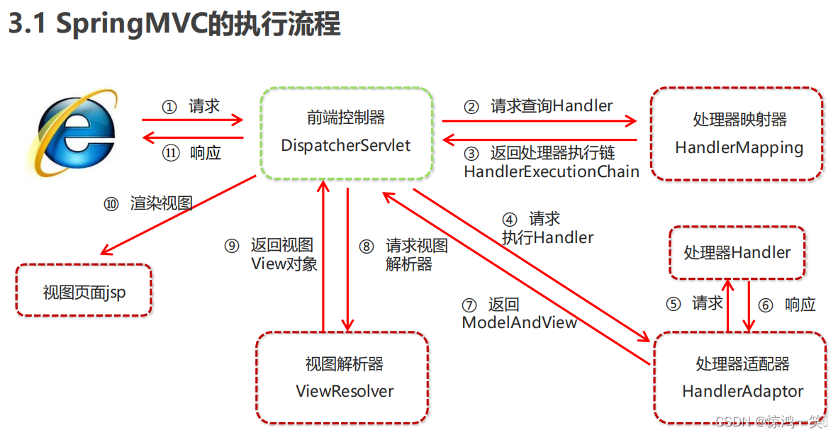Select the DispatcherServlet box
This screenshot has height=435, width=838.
(x=346, y=132)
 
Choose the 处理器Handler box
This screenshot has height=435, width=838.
(x=737, y=253)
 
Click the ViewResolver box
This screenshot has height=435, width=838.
(x=344, y=378)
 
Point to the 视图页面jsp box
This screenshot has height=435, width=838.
(x=84, y=291)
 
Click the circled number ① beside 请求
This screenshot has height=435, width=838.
(x=169, y=107)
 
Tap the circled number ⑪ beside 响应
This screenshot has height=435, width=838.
(x=171, y=153)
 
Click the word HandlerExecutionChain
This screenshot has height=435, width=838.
(x=552, y=171)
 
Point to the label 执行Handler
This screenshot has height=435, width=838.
(x=547, y=237)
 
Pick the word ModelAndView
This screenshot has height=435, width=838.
(x=520, y=322)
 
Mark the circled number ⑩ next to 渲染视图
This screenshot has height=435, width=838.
(x=111, y=204)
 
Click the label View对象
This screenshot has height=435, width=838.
(x=284, y=264)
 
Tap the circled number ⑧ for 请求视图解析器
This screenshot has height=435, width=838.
(x=366, y=247)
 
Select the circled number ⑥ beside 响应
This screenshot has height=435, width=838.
(x=766, y=305)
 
